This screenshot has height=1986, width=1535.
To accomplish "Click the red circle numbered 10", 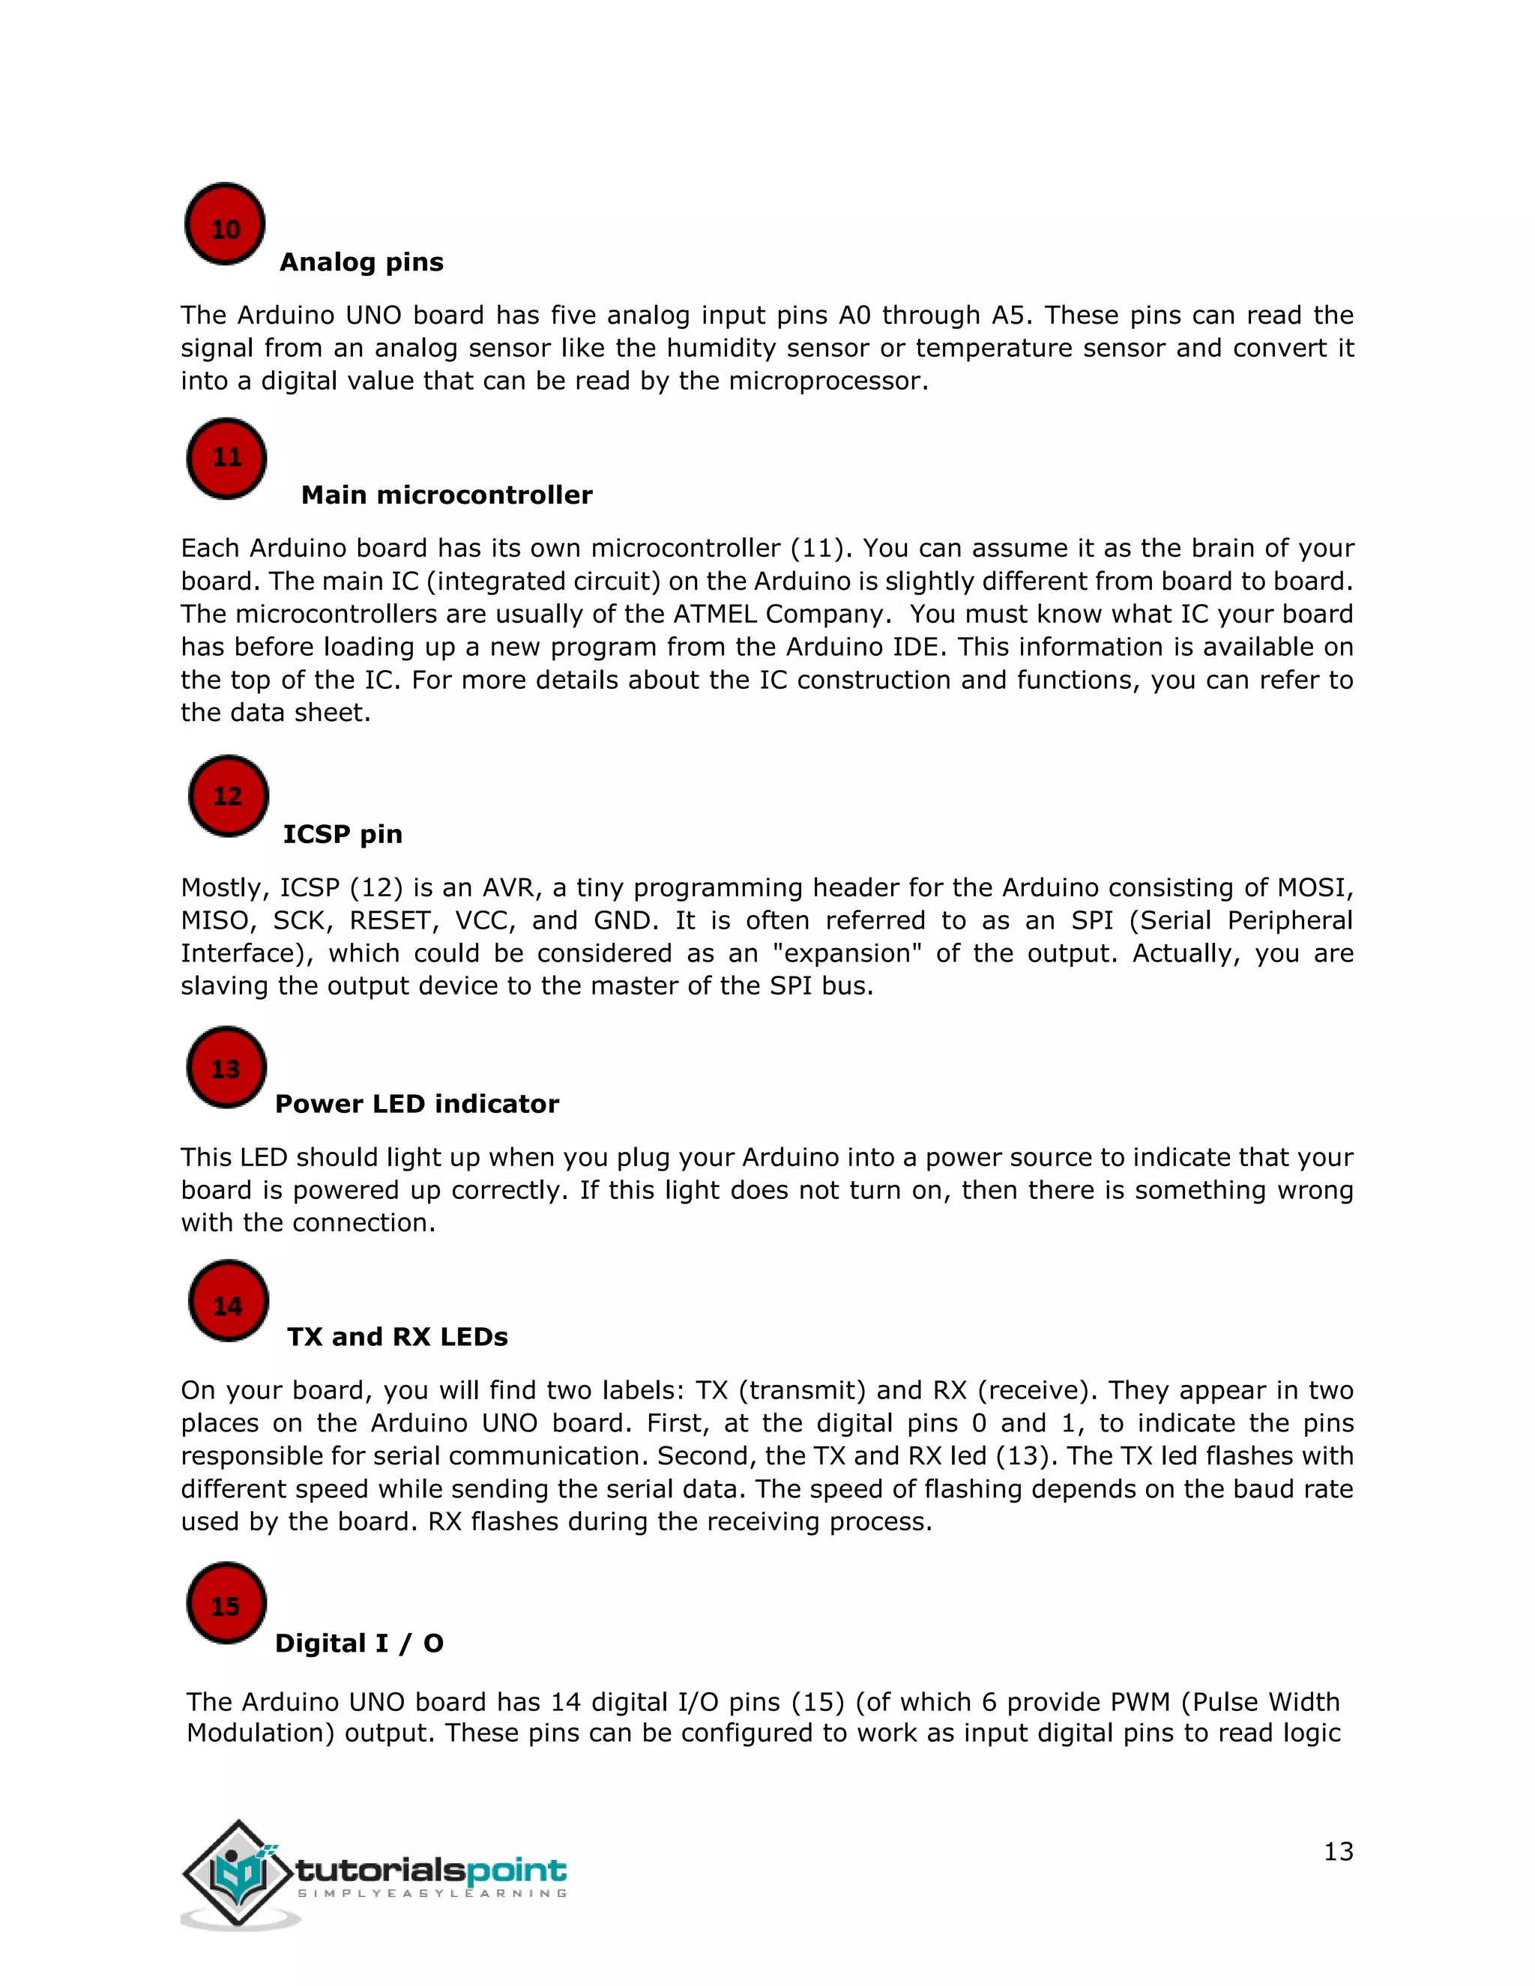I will tap(225, 225).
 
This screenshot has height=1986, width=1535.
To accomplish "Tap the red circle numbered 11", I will tap(226, 459).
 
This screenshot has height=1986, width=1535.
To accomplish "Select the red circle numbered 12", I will tap(229, 796).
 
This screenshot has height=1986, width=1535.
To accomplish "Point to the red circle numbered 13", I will tap(226, 1067).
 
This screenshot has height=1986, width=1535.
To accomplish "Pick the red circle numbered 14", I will tap(229, 1301).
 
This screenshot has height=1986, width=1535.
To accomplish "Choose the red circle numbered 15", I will tap(226, 1603).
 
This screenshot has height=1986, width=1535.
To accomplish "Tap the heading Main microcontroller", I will tap(447, 495).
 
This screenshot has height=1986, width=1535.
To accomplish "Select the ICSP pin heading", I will tap(342, 834).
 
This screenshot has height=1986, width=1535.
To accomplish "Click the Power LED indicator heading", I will tap(417, 1104).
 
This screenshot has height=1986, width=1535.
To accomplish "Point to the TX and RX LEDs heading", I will tap(397, 1337).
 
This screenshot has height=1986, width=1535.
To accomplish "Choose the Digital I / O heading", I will tap(359, 1644).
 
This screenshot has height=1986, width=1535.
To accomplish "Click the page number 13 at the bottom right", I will tap(1338, 1851).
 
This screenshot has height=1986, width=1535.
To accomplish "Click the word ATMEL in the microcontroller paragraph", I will tap(715, 614).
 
